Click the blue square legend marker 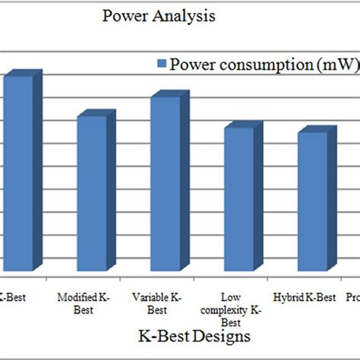(159, 64)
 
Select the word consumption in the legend (254, 64)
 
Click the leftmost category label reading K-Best (13, 298)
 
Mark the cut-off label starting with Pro (352, 298)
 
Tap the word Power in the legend (191, 64)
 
